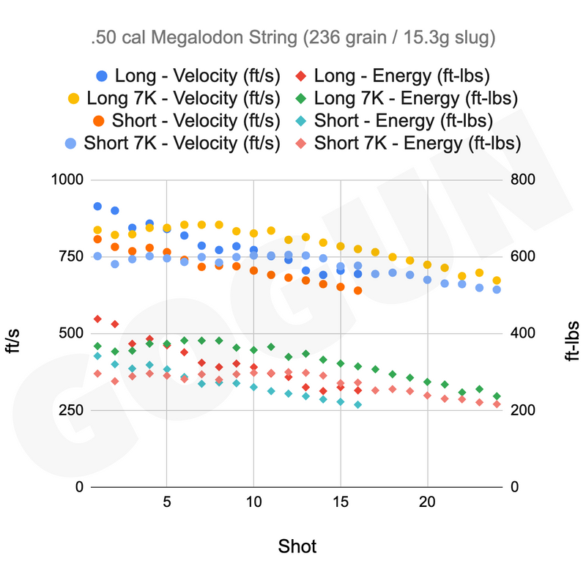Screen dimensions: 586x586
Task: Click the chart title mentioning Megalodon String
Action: [x=293, y=38]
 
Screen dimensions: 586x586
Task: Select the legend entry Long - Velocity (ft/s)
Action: [x=188, y=76]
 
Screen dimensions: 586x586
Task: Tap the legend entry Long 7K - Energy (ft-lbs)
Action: [x=407, y=98]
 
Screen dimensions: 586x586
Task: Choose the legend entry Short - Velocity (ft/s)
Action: [x=187, y=121]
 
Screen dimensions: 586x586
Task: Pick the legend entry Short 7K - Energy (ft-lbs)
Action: [x=408, y=143]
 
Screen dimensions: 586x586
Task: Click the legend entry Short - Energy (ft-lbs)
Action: [x=394, y=121]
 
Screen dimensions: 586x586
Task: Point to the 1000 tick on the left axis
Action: [x=67, y=179]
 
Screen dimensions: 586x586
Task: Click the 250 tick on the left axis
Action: [x=71, y=410]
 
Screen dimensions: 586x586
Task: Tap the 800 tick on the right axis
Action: [x=523, y=179]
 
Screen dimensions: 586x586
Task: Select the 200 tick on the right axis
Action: [x=523, y=410]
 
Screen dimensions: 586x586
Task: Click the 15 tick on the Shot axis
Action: [x=341, y=502]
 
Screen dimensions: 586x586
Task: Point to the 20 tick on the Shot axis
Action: [x=427, y=502]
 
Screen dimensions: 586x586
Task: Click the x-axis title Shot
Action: [x=297, y=546]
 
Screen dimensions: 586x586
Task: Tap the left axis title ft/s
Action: [x=12, y=341]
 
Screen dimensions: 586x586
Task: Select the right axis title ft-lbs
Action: [x=572, y=341]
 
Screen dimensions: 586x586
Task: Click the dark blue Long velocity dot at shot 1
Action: [x=97, y=207]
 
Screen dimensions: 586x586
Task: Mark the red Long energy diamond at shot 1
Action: [x=97, y=319]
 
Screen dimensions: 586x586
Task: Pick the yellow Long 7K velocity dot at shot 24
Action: [x=497, y=281]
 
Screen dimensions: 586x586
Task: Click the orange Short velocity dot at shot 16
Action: [x=357, y=290]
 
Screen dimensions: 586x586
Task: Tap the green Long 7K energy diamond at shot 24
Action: [x=497, y=396]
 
